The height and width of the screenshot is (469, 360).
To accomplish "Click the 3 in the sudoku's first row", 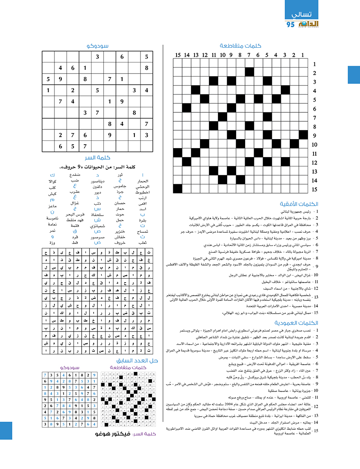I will pos(97,57).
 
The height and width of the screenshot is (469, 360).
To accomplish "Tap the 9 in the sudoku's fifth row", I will pos(122,101).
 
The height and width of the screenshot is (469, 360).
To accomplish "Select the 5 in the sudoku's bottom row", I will pos(73,146).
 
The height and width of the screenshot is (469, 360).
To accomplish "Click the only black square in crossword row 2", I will pos(249,73).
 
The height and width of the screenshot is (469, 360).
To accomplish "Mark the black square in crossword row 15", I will pos(177,189).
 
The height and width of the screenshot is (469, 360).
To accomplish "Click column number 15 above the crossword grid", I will pos(177,54).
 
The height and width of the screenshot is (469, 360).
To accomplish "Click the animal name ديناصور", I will pos(98,181).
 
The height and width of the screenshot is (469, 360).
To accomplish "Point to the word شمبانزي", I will pos(98,226).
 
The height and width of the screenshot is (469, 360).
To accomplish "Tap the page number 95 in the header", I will pos(291,25).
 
